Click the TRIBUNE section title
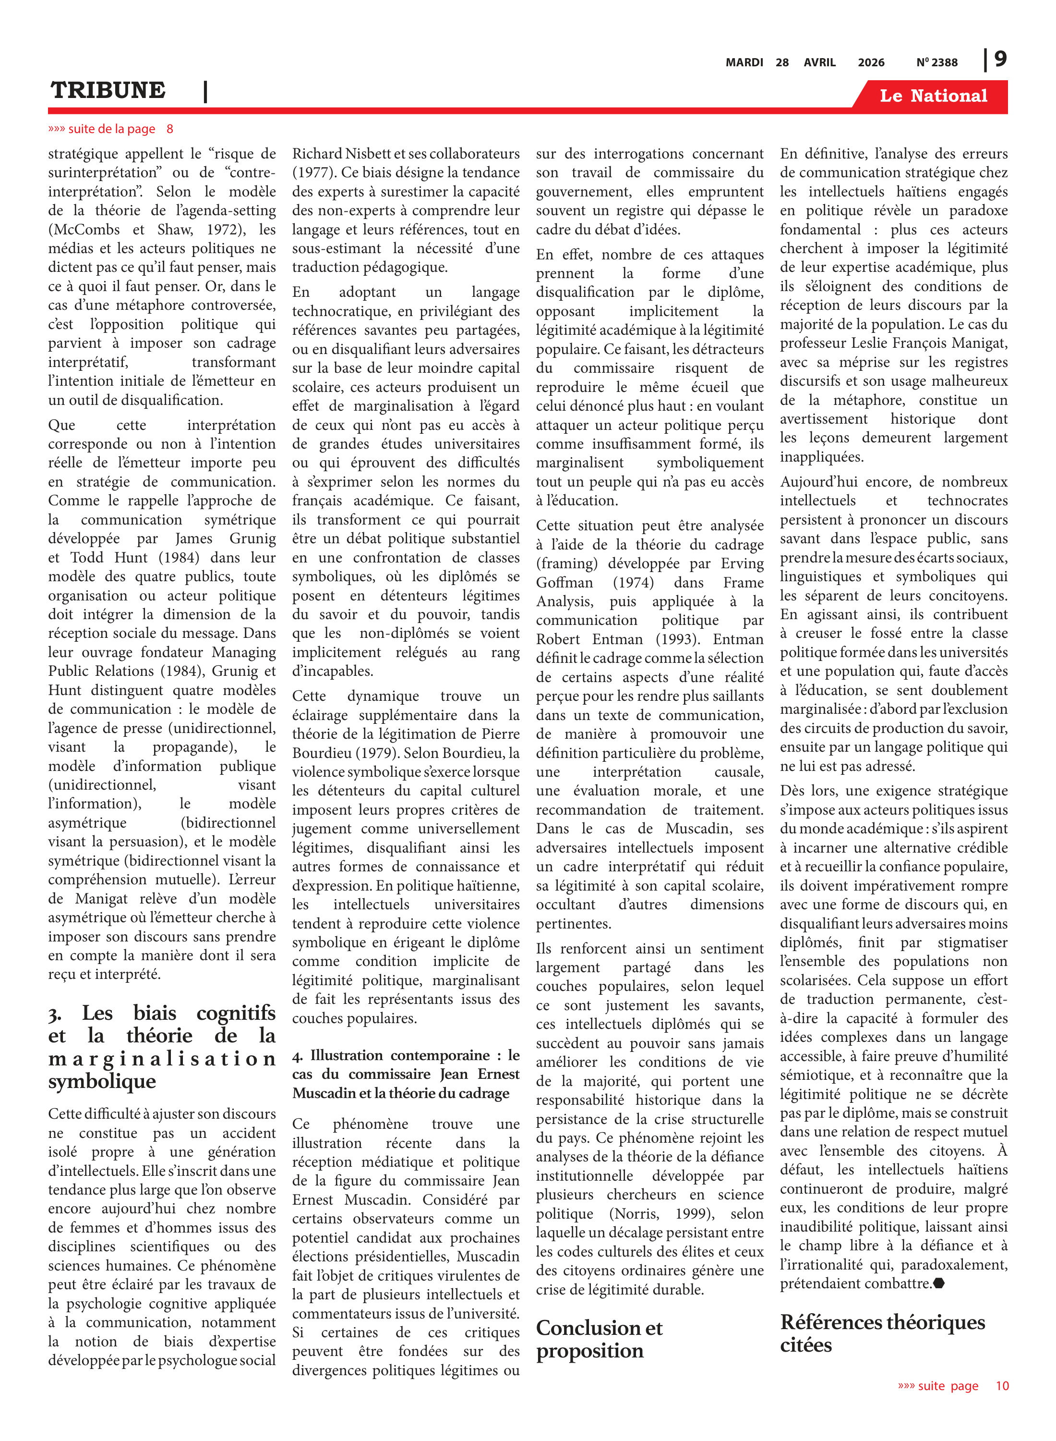pos(108,90)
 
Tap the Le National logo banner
pos(933,96)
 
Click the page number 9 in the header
pos(1000,60)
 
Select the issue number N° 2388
pos(936,62)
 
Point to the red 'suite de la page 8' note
pos(110,129)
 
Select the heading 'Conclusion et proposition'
pos(599,1339)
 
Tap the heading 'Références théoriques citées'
pos(882,1333)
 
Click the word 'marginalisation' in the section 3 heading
pos(162,1059)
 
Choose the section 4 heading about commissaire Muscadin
pos(406,1074)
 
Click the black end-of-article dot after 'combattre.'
pos(939,1282)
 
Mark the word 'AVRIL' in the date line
pos(819,62)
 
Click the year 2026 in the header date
pos(871,62)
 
